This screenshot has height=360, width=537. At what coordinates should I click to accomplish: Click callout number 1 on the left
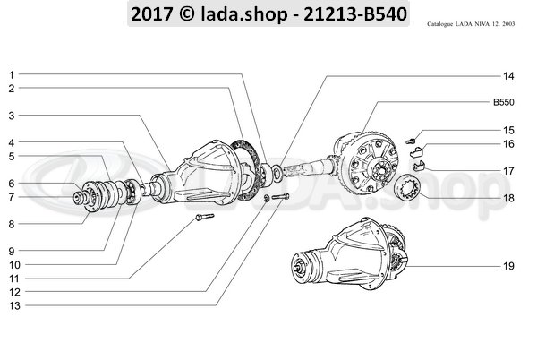(x=12, y=74)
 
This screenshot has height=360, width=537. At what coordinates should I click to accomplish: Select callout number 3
(x=12, y=116)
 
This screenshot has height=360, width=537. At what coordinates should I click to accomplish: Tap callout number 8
(x=12, y=224)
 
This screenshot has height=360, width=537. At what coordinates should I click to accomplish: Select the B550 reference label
(x=502, y=102)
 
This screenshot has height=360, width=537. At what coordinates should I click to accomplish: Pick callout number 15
(x=507, y=130)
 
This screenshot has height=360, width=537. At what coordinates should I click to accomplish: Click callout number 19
(x=507, y=267)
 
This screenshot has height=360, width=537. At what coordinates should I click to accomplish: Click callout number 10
(x=13, y=265)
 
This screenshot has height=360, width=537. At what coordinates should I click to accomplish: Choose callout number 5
(x=12, y=157)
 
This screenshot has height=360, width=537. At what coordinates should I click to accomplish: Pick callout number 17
(x=507, y=170)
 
